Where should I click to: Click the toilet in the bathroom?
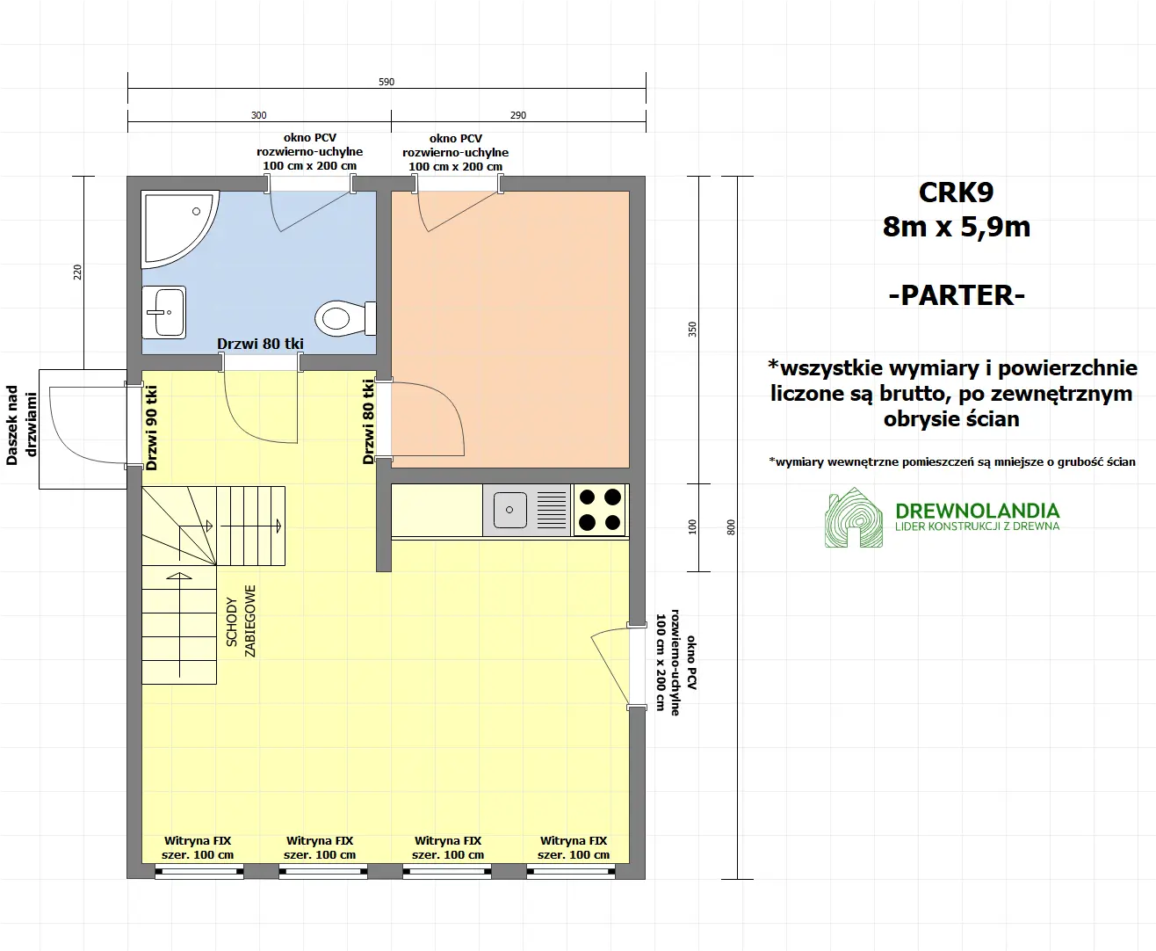343,317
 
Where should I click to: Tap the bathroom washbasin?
164,311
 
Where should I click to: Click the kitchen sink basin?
510,509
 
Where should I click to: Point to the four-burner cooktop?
600,510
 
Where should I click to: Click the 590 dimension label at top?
387,82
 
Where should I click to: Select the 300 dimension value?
258,115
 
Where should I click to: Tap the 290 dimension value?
518,115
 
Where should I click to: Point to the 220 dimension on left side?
77,272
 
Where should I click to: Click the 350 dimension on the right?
692,330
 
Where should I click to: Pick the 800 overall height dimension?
731,527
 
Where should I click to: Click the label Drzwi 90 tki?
152,428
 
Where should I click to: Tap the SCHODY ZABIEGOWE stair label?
241,621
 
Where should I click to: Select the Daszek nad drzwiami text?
22,425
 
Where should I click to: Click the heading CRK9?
956,192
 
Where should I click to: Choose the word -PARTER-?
957,295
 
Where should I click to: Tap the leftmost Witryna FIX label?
198,847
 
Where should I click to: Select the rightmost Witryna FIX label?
574,847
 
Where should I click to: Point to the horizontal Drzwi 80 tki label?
260,344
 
